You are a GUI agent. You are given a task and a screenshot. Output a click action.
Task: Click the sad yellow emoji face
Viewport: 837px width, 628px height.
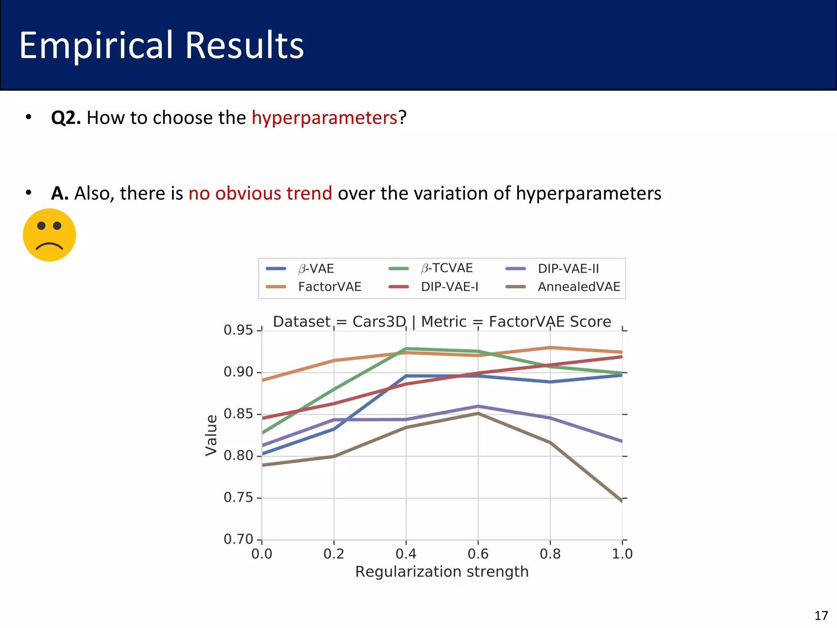pyautogui.click(x=49, y=235)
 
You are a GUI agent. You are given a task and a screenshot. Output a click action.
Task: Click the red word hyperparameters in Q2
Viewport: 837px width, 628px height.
pyautogui.click(x=324, y=118)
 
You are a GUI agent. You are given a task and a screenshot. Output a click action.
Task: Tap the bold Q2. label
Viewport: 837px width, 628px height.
pyautogui.click(x=66, y=118)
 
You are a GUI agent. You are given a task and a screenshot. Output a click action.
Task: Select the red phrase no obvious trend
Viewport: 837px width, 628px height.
pyautogui.click(x=260, y=193)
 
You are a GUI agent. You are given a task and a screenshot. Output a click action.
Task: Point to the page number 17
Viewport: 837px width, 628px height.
pyautogui.click(x=821, y=615)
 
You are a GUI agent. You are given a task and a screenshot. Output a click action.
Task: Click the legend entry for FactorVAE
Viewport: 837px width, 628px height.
pyautogui.click(x=329, y=287)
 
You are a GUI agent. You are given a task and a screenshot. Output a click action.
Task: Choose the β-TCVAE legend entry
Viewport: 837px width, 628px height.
pyautogui.click(x=446, y=268)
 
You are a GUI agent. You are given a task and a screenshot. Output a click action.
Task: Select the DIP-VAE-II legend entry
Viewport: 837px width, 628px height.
pyautogui.click(x=568, y=269)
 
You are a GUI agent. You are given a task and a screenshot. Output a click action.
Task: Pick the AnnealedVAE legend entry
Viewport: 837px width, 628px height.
pyautogui.click(x=579, y=287)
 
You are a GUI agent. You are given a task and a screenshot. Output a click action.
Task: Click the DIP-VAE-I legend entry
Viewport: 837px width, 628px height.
pyautogui.click(x=450, y=287)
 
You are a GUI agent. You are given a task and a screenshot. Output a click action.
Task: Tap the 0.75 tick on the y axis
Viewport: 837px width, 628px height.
pyautogui.click(x=238, y=498)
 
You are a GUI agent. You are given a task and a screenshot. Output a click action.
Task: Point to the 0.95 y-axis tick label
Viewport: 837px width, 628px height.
pyautogui.click(x=238, y=330)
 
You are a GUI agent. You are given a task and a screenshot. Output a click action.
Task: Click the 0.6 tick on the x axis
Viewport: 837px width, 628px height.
pyautogui.click(x=478, y=554)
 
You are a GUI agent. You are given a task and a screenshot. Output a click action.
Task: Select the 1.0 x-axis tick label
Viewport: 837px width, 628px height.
pyautogui.click(x=622, y=554)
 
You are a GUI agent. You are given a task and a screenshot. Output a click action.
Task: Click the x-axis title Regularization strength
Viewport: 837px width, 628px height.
pyautogui.click(x=442, y=572)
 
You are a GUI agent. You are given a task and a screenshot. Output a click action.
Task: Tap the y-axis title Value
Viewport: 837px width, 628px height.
pyautogui.click(x=211, y=435)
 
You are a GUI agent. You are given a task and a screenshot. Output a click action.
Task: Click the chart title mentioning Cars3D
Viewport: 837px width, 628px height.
pyautogui.click(x=442, y=322)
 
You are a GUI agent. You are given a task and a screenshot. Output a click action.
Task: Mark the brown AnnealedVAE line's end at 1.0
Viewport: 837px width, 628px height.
pyautogui.click(x=621, y=500)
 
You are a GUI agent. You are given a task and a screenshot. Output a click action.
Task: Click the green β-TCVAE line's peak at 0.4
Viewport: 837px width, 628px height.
pyautogui.click(x=406, y=349)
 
